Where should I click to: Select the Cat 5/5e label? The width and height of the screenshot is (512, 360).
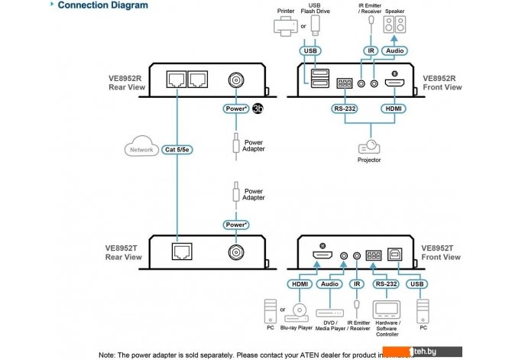[179, 150]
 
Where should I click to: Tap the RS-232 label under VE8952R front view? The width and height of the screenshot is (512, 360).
[345, 109]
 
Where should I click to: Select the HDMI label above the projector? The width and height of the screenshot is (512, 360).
[395, 109]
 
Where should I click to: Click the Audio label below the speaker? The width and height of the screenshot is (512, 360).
[394, 52]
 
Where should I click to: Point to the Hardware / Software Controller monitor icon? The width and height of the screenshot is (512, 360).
[386, 310]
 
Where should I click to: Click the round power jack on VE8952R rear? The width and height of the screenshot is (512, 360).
[235, 80]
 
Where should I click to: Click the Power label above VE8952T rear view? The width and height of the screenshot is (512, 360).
[235, 225]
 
